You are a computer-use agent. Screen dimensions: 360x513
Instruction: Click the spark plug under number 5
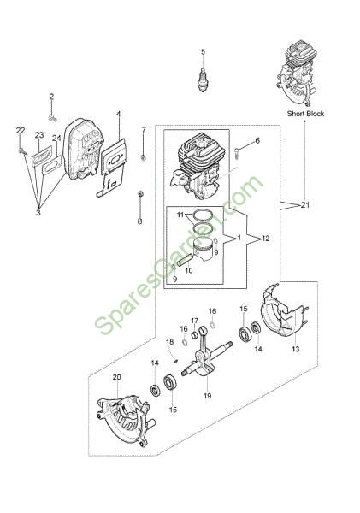click(204, 80)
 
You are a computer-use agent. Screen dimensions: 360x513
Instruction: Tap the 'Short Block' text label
click(305, 114)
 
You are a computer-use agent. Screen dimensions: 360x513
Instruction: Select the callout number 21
click(305, 205)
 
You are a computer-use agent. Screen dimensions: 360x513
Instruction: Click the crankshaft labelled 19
click(207, 358)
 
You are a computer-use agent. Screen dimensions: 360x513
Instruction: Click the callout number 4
click(119, 114)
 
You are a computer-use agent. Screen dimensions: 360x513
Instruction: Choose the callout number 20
click(117, 377)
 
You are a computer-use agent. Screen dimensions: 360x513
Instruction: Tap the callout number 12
click(266, 239)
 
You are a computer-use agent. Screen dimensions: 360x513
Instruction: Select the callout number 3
click(38, 213)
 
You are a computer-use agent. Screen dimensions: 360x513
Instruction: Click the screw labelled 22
click(22, 150)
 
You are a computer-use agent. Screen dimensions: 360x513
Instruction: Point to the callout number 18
click(169, 342)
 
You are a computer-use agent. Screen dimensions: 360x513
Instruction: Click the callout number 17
click(195, 321)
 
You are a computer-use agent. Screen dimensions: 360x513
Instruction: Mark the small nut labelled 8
click(140, 194)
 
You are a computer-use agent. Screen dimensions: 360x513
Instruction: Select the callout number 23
click(39, 135)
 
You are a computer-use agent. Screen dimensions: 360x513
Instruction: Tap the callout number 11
click(180, 215)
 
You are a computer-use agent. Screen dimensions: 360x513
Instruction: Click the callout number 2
click(51, 97)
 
